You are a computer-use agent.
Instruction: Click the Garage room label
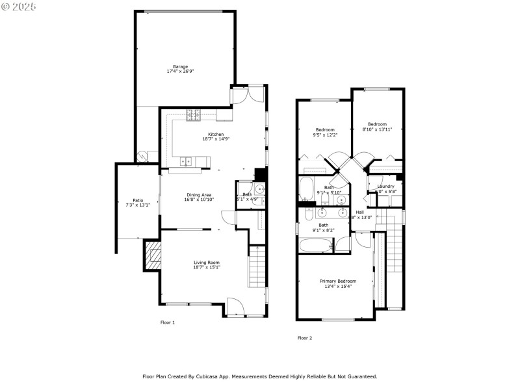pyautogui.click(x=180, y=66)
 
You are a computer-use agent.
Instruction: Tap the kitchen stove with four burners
pyautogui.click(x=193, y=116)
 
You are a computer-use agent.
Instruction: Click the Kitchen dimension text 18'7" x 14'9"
pyautogui.click(x=214, y=139)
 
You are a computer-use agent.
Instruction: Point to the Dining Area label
pyautogui.click(x=200, y=194)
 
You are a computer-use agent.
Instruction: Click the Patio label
pyautogui.click(x=138, y=200)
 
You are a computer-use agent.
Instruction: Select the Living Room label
pyautogui.click(x=206, y=262)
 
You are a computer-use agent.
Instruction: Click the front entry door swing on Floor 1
pyautogui.click(x=235, y=305)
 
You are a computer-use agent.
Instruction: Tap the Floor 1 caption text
pyautogui.click(x=168, y=322)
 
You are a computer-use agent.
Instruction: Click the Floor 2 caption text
pyautogui.click(x=305, y=338)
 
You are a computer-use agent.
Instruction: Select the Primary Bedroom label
pyautogui.click(x=338, y=281)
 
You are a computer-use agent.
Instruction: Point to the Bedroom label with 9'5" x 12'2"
pyautogui.click(x=325, y=129)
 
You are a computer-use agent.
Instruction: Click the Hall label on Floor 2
pyautogui.click(x=359, y=212)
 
